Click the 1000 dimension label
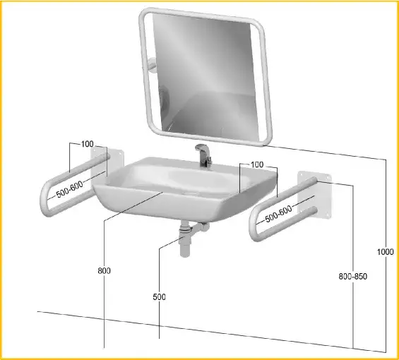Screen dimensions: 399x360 tap(385, 252)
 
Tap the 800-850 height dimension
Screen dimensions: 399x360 tap(352, 276)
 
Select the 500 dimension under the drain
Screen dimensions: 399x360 tap(160, 297)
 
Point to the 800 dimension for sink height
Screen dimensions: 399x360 tap(104, 270)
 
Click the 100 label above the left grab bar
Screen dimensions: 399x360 tap(88, 144)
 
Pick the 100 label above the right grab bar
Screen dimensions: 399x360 tap(257, 164)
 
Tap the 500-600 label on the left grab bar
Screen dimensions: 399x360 tap(70, 189)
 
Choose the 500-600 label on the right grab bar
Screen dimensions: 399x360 tap(279, 214)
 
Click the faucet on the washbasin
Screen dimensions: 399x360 tap(203, 155)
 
